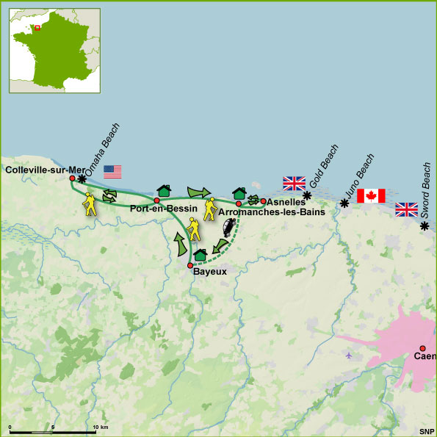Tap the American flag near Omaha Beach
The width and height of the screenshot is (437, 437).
(112, 172)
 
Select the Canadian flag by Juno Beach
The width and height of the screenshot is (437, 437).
(371, 195)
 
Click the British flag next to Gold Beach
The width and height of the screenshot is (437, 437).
(294, 183)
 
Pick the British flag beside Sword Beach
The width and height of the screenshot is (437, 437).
(406, 209)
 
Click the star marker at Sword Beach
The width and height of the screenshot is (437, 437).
(425, 225)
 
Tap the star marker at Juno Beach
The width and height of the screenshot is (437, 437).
(344, 203)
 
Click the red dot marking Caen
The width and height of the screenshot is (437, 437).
(422, 348)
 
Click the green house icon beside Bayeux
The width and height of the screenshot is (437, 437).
(199, 255)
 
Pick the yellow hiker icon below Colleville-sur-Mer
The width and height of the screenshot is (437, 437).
(90, 204)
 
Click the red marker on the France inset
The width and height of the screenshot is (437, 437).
(37, 29)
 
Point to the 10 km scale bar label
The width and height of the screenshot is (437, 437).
(96, 427)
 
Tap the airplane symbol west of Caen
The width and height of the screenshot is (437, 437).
(347, 355)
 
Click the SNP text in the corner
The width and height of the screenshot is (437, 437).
(426, 431)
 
